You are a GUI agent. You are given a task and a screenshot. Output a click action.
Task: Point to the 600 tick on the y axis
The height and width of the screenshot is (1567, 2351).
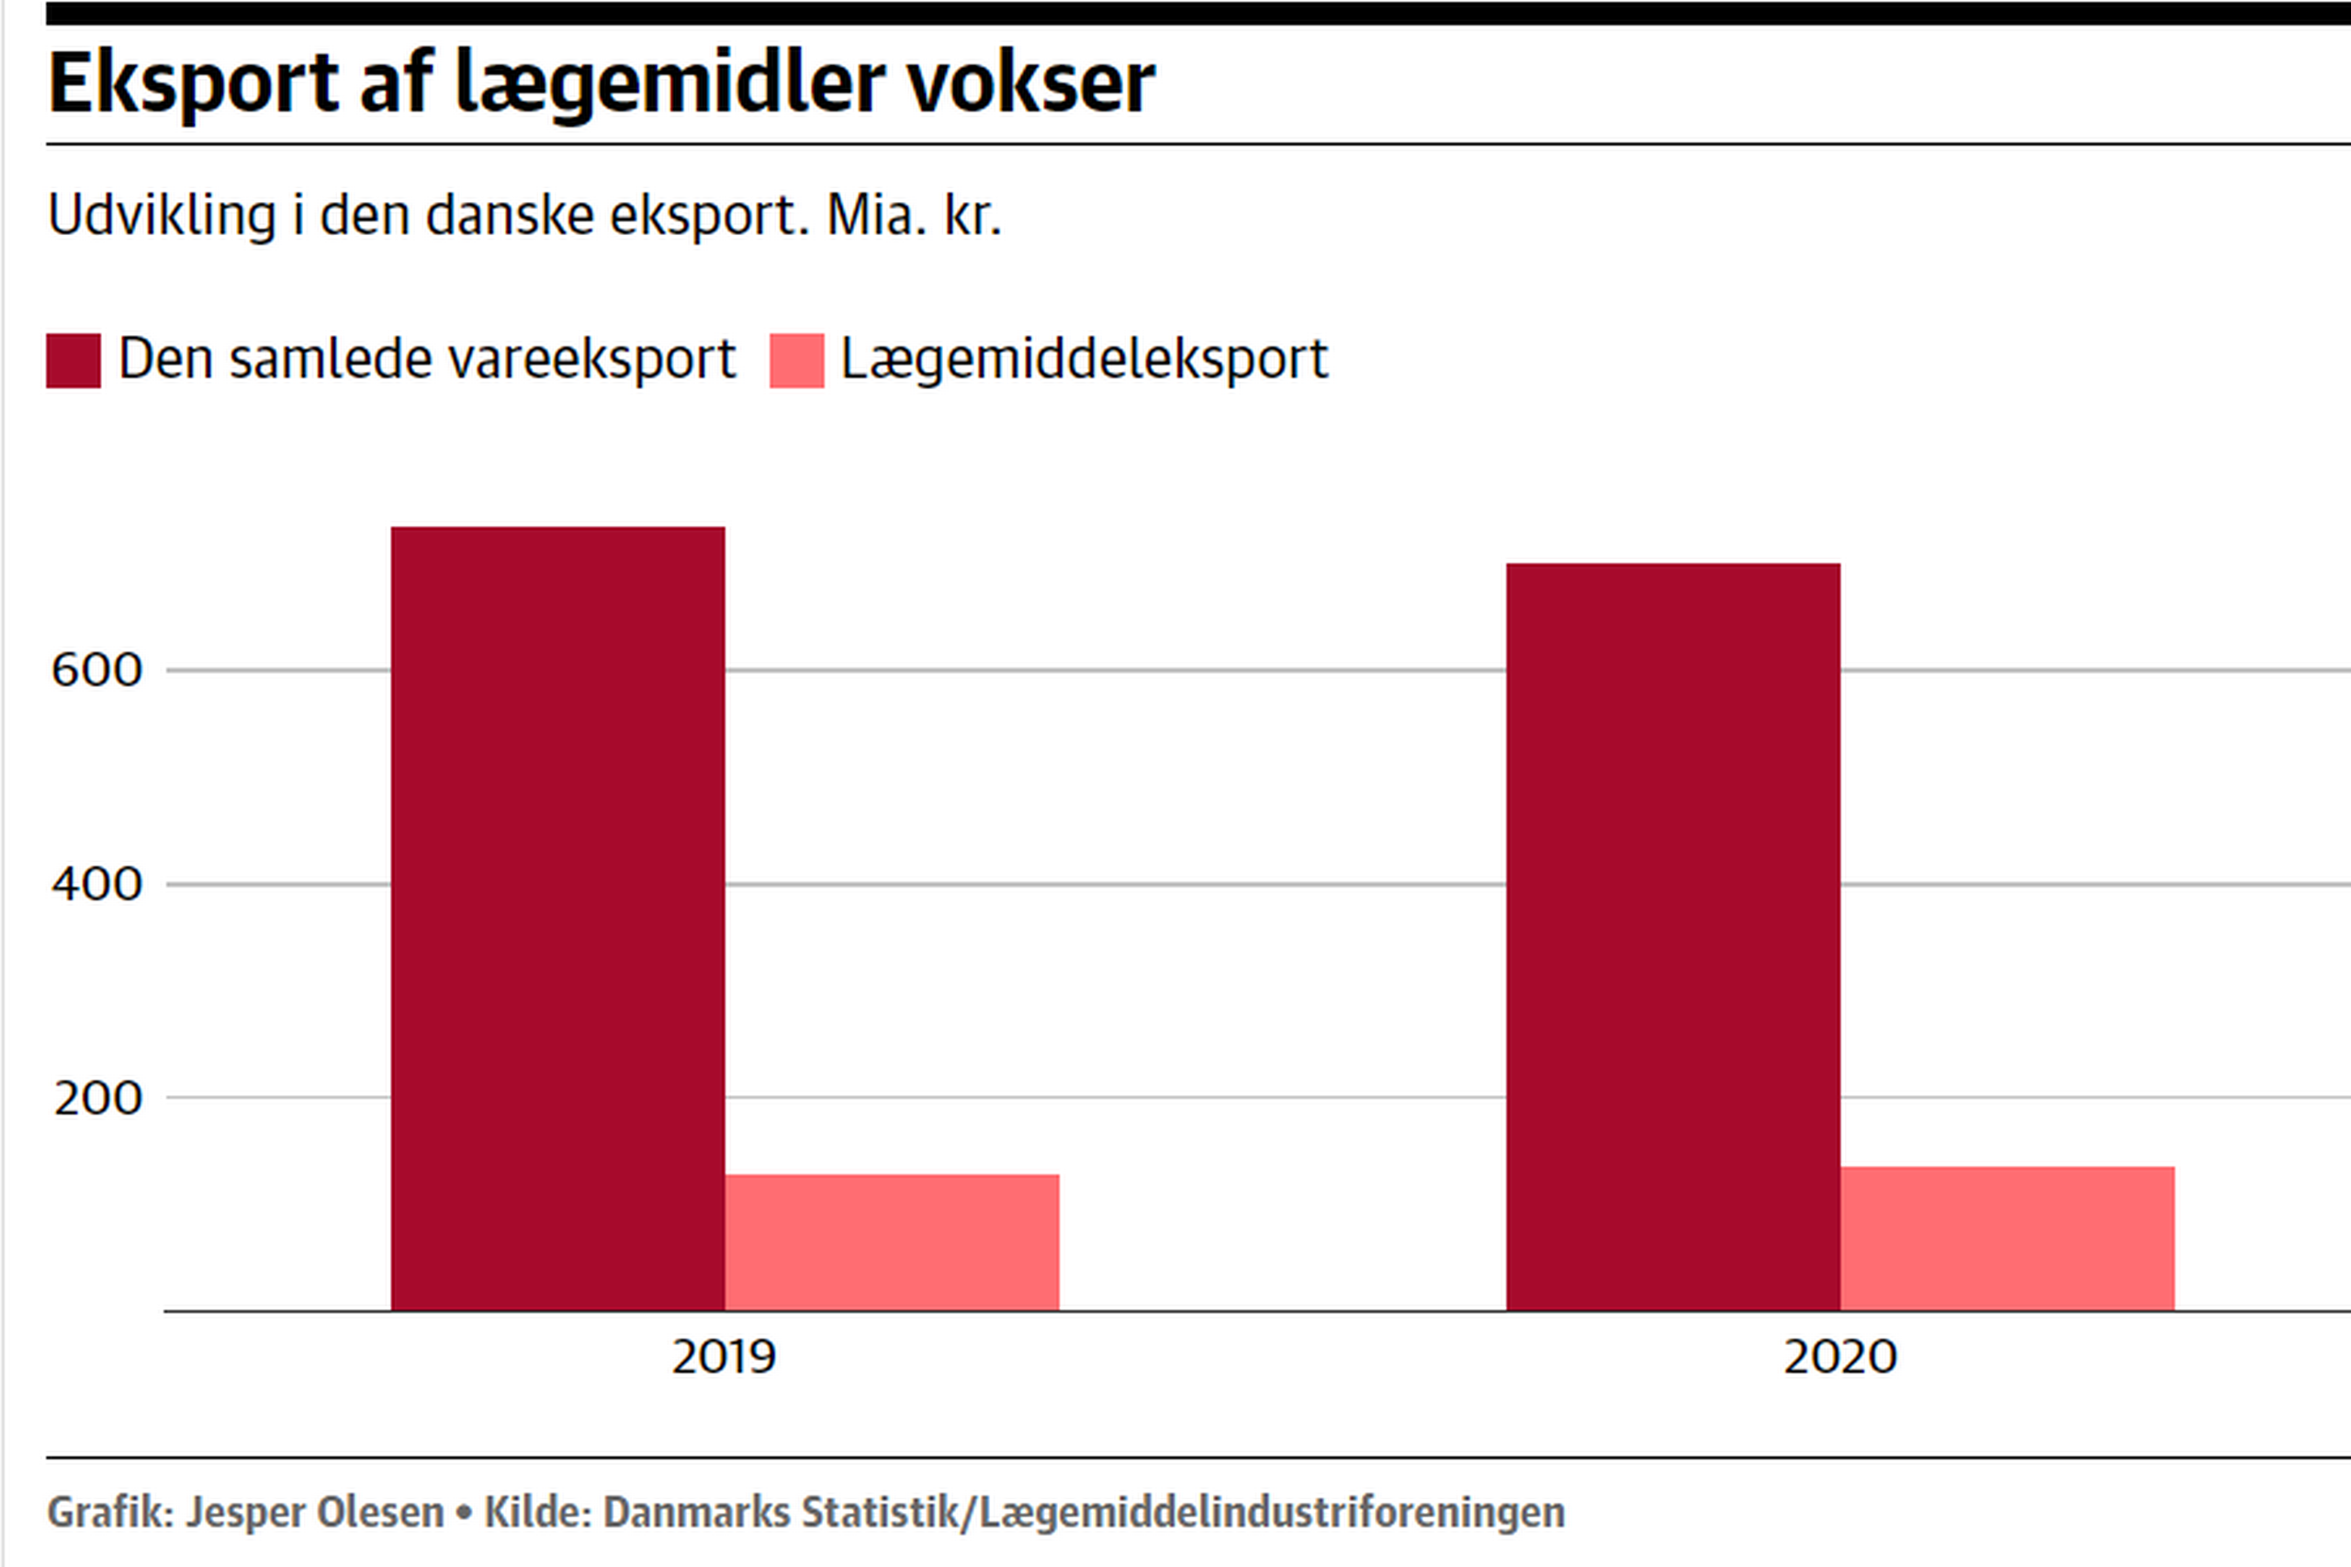(x=97, y=669)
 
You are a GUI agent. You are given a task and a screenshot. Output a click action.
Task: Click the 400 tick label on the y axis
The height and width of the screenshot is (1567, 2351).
(x=97, y=884)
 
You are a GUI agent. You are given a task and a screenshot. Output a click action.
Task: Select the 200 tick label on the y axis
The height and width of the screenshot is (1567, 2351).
(x=98, y=1098)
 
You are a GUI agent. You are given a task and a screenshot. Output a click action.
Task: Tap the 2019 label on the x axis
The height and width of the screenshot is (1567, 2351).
(x=724, y=1357)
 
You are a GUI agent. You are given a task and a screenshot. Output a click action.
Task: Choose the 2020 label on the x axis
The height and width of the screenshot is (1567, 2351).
(x=1840, y=1357)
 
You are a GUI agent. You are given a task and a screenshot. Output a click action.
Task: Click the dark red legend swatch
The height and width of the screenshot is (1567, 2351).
(x=73, y=361)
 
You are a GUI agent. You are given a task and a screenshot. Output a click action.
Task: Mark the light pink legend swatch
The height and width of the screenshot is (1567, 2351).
(x=796, y=361)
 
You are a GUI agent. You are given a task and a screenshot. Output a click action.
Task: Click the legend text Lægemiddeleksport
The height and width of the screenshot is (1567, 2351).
(x=1085, y=359)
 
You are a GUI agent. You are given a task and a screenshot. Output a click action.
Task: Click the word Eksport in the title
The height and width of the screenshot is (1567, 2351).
(x=193, y=84)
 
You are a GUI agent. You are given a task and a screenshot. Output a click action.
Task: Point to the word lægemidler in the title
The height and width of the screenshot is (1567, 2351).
(x=669, y=84)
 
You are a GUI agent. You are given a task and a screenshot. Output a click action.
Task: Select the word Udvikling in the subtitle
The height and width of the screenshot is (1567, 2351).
(x=162, y=215)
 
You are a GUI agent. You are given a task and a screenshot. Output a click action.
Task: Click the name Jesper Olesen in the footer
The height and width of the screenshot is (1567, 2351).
(x=315, y=1512)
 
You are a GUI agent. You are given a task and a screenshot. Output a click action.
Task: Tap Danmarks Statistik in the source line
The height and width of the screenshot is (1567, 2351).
(x=781, y=1512)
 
